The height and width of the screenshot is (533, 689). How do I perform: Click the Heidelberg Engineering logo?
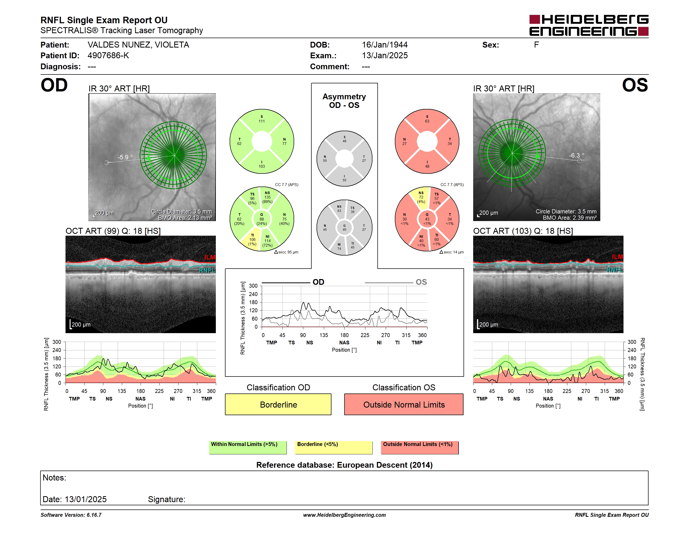click(589, 25)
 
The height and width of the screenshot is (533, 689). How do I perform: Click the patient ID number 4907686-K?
click(108, 56)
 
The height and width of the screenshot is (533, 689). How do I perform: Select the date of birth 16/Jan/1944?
click(385, 45)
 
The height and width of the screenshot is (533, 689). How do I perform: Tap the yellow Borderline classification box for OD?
click(278, 404)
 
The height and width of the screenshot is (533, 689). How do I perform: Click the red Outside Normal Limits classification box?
click(404, 404)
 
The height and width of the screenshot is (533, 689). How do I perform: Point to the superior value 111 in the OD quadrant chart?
click(262, 121)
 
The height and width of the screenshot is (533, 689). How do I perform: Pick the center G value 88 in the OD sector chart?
click(262, 219)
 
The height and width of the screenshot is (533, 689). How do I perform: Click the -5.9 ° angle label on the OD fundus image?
click(125, 157)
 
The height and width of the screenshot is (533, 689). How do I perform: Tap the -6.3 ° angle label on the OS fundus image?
click(576, 155)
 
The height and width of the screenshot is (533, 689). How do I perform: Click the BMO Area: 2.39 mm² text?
click(569, 218)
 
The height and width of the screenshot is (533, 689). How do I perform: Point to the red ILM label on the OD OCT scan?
click(210, 257)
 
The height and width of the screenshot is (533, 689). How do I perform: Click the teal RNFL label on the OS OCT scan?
click(615, 270)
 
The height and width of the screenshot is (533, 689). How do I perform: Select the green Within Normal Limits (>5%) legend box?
click(248, 447)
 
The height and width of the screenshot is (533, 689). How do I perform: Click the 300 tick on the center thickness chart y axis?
click(253, 286)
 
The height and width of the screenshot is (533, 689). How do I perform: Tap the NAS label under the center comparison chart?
click(344, 343)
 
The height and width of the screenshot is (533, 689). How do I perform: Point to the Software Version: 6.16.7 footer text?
click(71, 515)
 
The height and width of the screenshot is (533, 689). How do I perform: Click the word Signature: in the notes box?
click(167, 499)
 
